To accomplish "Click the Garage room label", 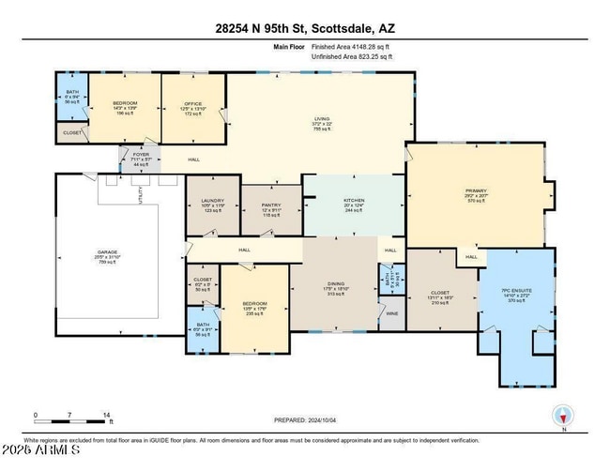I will (108, 252).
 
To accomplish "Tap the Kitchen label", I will (353, 201).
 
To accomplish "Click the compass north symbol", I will (563, 415).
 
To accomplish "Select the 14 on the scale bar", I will (107, 414).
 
